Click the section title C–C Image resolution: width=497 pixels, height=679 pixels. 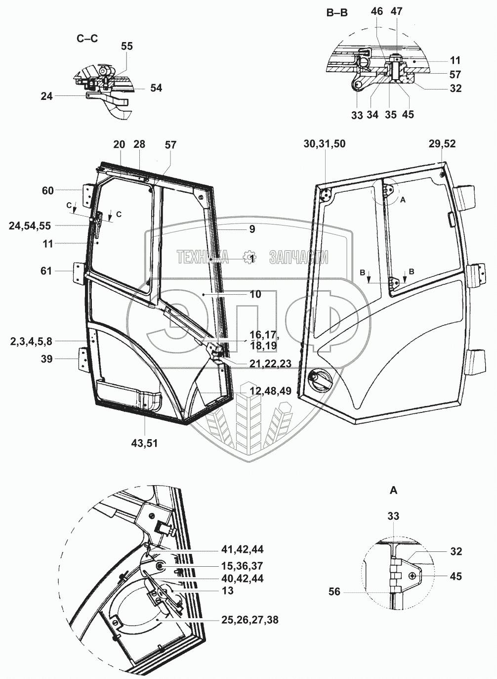pos(87,39)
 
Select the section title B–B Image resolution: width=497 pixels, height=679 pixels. pos(337,13)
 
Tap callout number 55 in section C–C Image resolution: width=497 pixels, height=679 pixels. pos(127,46)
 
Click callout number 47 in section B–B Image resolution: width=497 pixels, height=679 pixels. pos(396,11)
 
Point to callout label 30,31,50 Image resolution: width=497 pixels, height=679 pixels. pos(325,144)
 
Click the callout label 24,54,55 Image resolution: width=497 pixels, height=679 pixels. pos(30,226)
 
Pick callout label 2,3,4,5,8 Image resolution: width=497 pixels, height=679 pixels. pos(31,342)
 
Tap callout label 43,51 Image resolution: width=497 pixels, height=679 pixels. pos(144,444)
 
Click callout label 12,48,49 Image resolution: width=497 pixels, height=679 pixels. pos(270,391)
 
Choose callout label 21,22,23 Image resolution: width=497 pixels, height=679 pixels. pos(270,363)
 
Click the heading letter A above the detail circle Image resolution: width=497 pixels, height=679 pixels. pos(393,490)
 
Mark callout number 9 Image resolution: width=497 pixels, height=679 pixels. pos(252,229)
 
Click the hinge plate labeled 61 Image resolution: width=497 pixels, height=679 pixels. pos(78,273)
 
